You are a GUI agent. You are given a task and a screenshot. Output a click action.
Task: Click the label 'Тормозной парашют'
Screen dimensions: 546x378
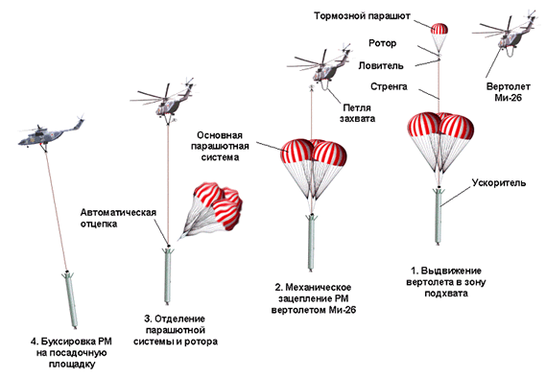coord(362,16)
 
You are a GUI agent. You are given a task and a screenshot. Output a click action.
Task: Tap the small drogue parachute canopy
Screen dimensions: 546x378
coord(439,29)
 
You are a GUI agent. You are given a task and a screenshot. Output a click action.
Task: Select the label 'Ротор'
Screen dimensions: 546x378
coord(382,43)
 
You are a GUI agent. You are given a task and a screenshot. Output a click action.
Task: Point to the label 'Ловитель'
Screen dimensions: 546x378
coord(381,65)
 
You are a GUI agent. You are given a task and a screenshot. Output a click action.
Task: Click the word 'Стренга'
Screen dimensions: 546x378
coord(389,86)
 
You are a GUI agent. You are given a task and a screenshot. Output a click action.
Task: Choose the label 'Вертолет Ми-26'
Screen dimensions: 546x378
coord(508,92)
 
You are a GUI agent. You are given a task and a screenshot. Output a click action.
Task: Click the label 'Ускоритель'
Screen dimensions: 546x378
coord(499,182)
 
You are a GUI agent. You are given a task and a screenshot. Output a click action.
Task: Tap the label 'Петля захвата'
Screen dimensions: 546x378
coord(357,113)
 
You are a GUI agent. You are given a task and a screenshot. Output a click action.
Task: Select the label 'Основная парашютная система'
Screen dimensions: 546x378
coord(220,146)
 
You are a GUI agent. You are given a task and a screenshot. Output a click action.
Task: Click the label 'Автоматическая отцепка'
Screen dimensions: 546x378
coord(118,218)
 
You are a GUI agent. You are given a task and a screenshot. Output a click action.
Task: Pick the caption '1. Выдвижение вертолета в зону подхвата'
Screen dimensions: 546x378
coord(445,282)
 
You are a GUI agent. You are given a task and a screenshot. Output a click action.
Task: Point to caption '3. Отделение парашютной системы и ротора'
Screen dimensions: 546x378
coord(176,330)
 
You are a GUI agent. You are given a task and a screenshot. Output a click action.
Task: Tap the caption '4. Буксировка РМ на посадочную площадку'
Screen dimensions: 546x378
coord(71,353)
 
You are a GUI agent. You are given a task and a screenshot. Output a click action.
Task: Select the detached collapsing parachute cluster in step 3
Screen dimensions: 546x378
coord(211,210)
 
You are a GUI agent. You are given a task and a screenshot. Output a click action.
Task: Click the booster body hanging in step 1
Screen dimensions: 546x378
coord(439,216)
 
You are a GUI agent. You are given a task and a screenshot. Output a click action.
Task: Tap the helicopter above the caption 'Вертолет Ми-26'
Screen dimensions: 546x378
coord(506,33)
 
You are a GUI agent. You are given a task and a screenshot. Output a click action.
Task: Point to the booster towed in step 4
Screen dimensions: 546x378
coord(70,299)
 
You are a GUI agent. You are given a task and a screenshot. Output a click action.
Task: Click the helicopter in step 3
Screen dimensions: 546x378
coord(164,101)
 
